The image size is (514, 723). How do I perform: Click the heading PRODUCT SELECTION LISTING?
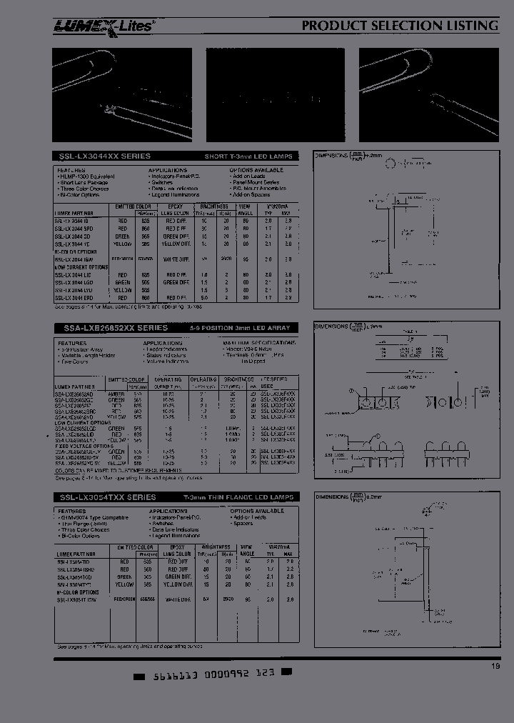pyautogui.click(x=400, y=26)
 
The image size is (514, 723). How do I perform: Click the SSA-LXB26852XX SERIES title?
pyautogui.click(x=111, y=328)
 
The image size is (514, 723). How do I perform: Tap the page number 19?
pyautogui.click(x=495, y=667)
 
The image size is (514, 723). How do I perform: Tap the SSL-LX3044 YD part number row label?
pyautogui.click(x=73, y=243)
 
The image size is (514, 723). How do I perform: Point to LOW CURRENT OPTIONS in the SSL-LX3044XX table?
pyautogui.click(x=81, y=267)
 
